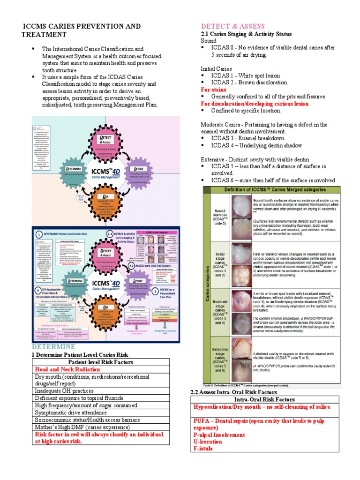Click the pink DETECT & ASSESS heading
coord(233,26)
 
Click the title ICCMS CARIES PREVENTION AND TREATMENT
coord(82,30)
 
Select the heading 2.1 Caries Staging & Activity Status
coord(246,34)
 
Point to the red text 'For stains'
coord(213,90)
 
